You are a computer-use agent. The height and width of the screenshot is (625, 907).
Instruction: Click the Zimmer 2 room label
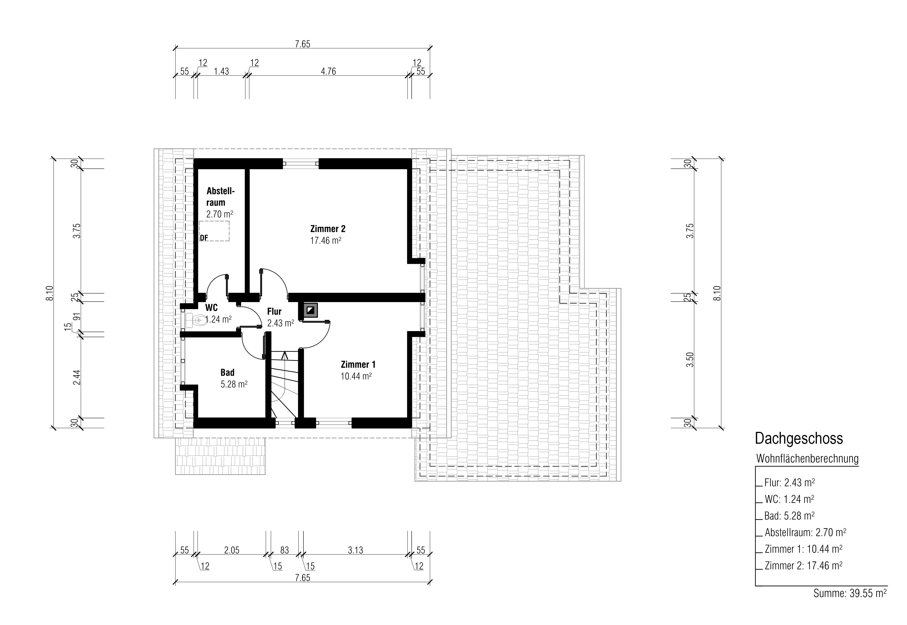point(328,229)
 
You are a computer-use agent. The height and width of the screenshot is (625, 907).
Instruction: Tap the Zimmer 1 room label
point(358,365)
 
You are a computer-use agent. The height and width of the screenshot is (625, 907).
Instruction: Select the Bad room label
point(227,372)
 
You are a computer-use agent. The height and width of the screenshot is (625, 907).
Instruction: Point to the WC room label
point(211,307)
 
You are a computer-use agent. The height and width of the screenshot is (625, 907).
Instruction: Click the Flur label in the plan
point(274,311)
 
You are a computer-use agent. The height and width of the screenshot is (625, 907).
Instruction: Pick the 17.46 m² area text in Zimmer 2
point(326,240)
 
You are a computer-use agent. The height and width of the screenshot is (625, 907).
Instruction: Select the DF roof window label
point(204,238)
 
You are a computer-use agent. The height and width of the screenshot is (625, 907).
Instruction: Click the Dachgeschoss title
point(799,439)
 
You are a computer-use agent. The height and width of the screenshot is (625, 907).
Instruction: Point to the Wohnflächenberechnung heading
point(808,459)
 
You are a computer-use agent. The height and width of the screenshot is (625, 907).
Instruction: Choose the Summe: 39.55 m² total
point(850,593)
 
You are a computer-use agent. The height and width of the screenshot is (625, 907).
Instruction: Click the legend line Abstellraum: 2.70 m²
point(806,533)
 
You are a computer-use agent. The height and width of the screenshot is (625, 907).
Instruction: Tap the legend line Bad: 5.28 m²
point(790,516)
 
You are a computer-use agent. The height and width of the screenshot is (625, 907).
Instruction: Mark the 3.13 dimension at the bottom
point(356,550)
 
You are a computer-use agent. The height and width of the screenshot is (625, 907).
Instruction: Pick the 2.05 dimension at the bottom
point(232,550)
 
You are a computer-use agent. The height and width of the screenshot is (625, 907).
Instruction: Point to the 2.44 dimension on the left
point(77,378)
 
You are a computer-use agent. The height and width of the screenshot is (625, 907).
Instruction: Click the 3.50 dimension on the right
point(690,360)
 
